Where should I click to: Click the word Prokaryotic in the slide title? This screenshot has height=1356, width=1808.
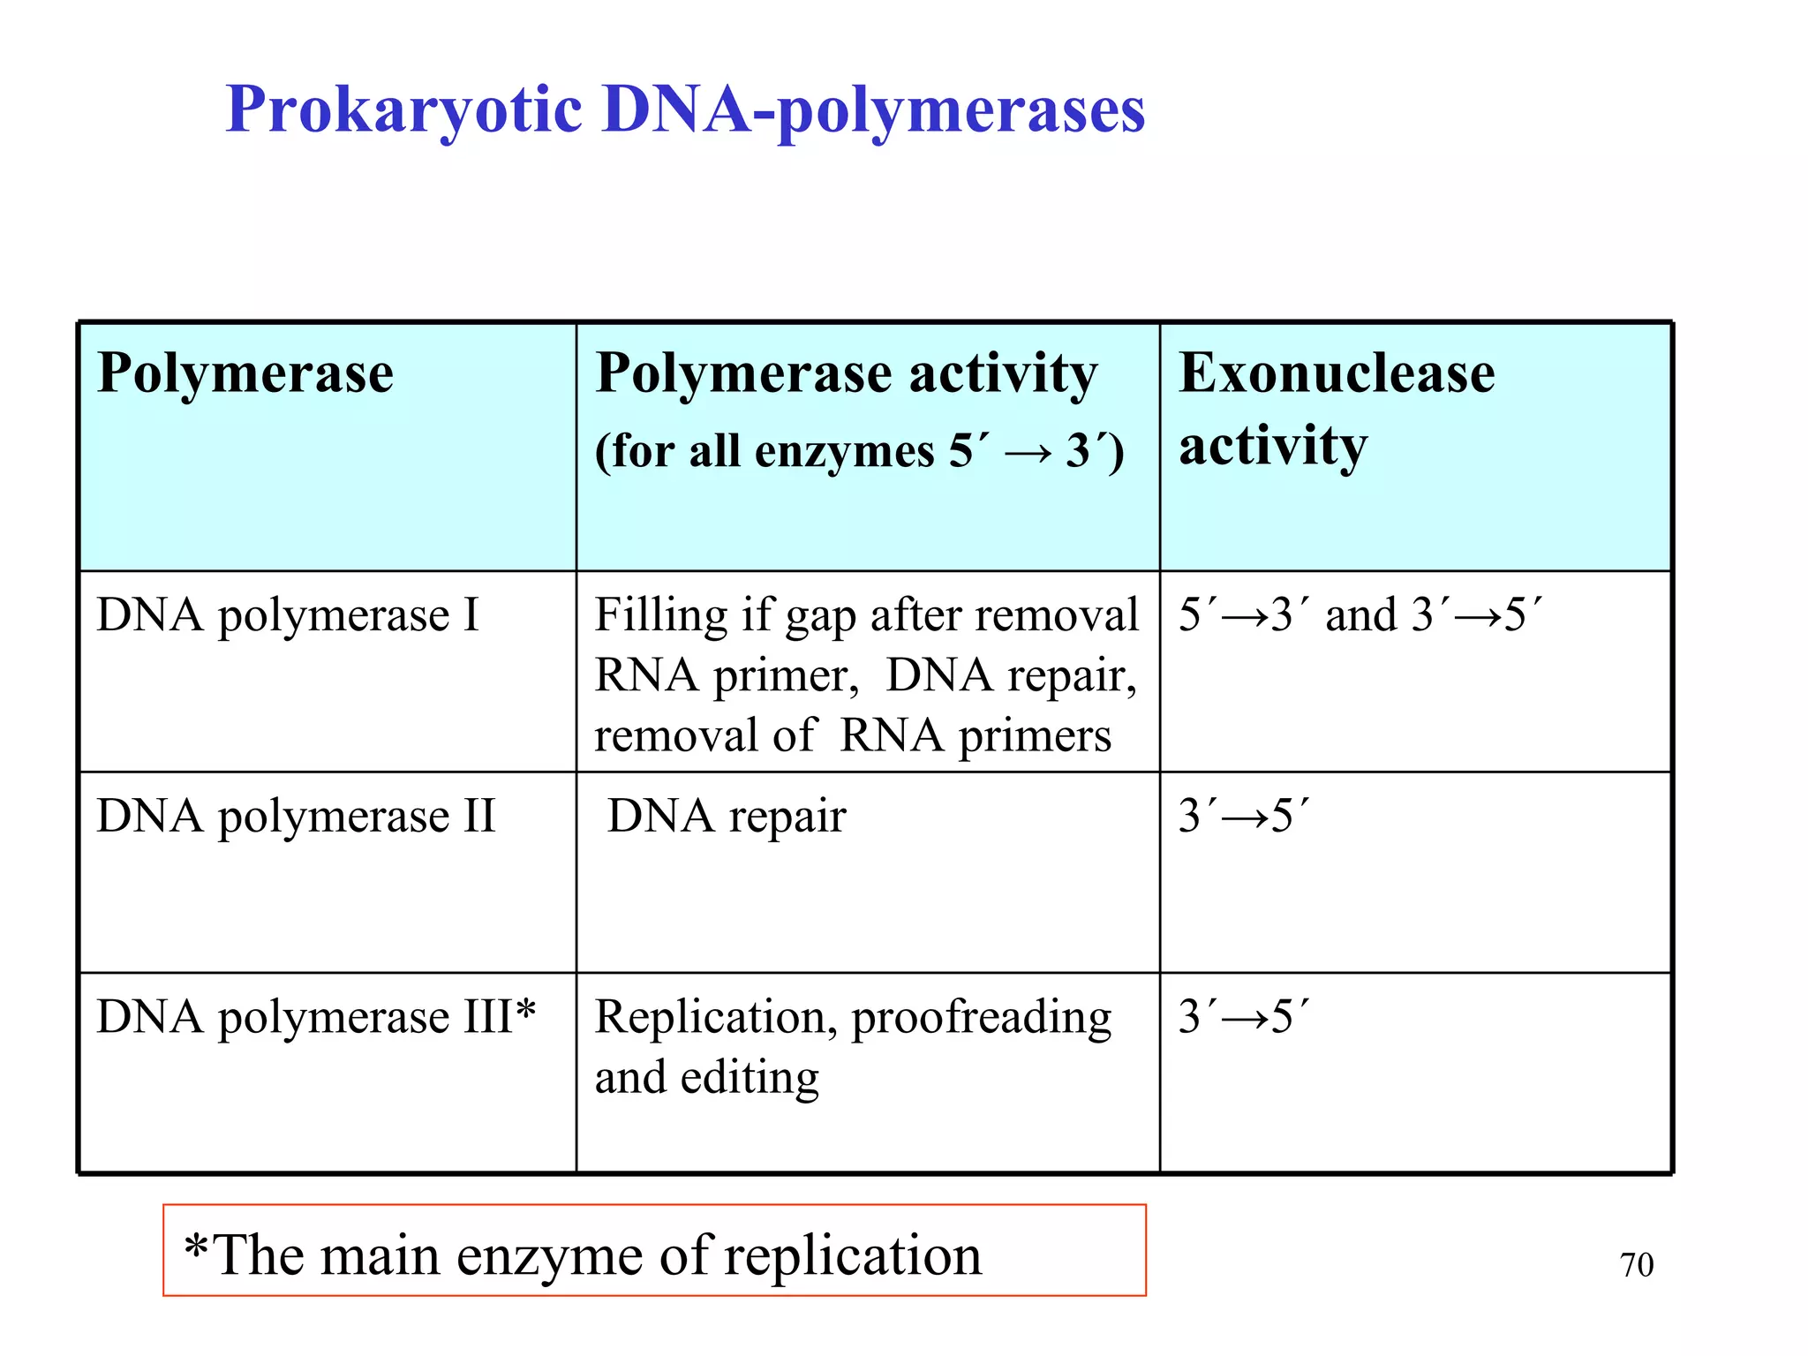(x=403, y=110)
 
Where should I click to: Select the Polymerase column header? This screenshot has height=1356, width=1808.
(x=245, y=373)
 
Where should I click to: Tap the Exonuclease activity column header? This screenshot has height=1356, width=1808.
(x=1337, y=408)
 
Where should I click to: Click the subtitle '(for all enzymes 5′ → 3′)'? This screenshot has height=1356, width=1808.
(x=859, y=451)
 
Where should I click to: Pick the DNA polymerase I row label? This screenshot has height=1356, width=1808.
(x=288, y=614)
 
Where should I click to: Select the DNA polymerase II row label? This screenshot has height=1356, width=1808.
(x=296, y=816)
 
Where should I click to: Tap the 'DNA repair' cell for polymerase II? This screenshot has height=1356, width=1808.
(x=727, y=816)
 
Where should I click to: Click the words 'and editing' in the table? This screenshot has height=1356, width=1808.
(x=706, y=1078)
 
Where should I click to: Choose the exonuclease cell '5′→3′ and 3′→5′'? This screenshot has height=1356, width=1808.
(x=1360, y=614)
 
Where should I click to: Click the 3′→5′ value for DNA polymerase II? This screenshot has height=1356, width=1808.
(x=1244, y=816)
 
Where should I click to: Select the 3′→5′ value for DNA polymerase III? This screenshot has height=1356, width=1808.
(x=1244, y=1017)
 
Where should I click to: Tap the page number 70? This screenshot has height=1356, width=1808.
(x=1636, y=1265)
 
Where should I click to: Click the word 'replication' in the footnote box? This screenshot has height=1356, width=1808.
(x=852, y=1255)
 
